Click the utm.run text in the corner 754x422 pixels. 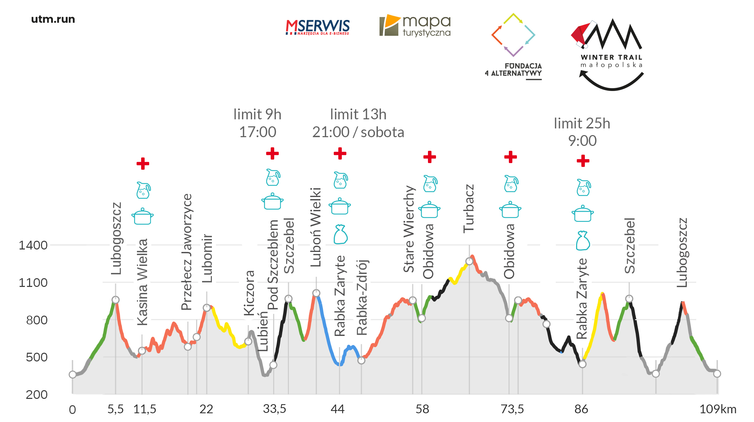53,19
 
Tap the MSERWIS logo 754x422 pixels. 317,27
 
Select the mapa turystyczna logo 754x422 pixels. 415,26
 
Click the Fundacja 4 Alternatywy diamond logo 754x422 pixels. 513,35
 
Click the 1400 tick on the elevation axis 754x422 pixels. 33,245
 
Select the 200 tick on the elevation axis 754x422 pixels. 36,395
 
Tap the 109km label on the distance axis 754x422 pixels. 718,409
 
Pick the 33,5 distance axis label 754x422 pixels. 275,409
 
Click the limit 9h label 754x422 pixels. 257,114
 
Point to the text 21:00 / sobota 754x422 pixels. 358,132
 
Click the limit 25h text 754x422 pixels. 582,124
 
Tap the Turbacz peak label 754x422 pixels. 469,209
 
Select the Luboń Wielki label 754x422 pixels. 316,227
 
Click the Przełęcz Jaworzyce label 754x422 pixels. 187,252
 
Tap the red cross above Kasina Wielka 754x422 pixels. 143,163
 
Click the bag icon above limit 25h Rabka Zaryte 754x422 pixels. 583,241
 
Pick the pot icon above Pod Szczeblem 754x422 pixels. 272,202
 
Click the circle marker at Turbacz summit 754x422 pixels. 469,261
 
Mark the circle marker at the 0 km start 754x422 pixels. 72,375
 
